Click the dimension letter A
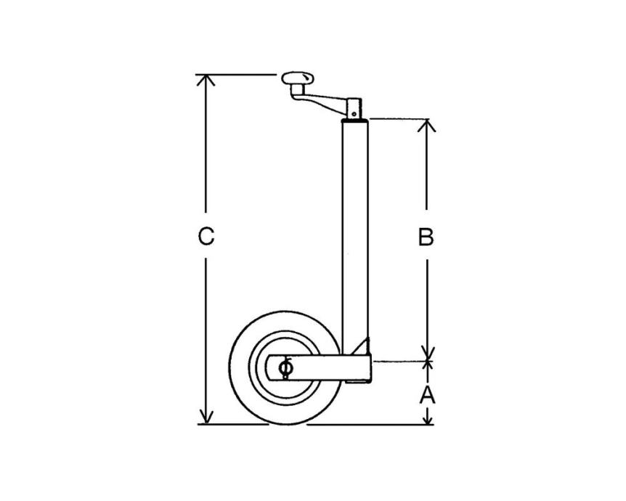(x=427, y=395)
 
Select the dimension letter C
(x=206, y=235)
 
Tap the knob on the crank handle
(x=298, y=79)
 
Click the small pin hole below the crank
(x=354, y=114)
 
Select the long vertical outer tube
(x=355, y=235)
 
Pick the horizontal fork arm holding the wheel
(x=320, y=367)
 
